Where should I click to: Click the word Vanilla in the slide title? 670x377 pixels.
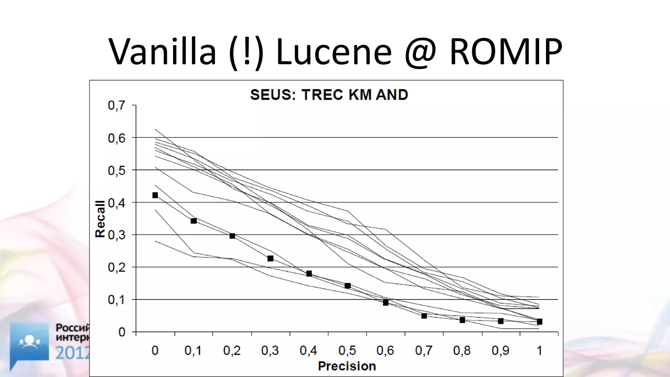pos(163,52)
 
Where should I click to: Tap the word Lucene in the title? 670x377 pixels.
pos(334,52)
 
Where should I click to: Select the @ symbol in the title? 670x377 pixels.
pos(421,52)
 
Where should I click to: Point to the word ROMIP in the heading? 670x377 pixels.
pos(506,52)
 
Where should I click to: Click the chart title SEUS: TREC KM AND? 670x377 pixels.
pos(329,95)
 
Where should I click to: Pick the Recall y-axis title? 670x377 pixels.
pos(100,219)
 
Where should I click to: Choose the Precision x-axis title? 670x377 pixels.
pos(347,366)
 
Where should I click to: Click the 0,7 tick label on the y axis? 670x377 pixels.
pos(116,105)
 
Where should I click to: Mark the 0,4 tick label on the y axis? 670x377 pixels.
pos(116,203)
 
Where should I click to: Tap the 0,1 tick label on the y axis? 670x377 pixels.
pos(116,300)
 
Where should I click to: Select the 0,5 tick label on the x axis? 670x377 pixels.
pos(347,351)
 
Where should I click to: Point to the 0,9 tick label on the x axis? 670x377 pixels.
pos(501,351)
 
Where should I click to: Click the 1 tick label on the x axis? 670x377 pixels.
pos(539,351)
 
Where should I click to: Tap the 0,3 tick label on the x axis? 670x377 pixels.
pos(270,351)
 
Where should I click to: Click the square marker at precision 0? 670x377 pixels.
pos(155,195)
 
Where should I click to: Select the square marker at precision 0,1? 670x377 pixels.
pos(194,221)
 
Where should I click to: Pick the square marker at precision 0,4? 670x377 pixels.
pos(309,274)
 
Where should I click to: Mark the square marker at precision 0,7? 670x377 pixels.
pos(424,316)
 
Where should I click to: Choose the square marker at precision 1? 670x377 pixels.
pos(539,322)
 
